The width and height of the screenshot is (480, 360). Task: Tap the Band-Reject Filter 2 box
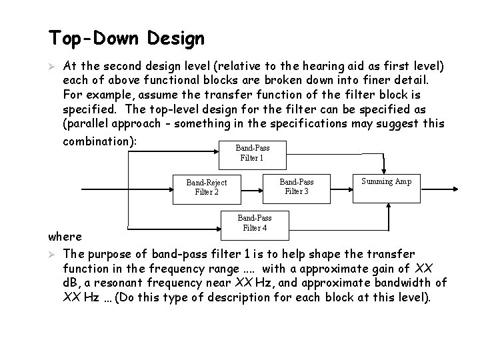207,187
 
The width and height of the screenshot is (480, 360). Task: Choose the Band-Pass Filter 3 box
297,187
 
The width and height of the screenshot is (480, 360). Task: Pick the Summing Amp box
387,181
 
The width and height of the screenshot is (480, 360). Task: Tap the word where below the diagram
65,236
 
